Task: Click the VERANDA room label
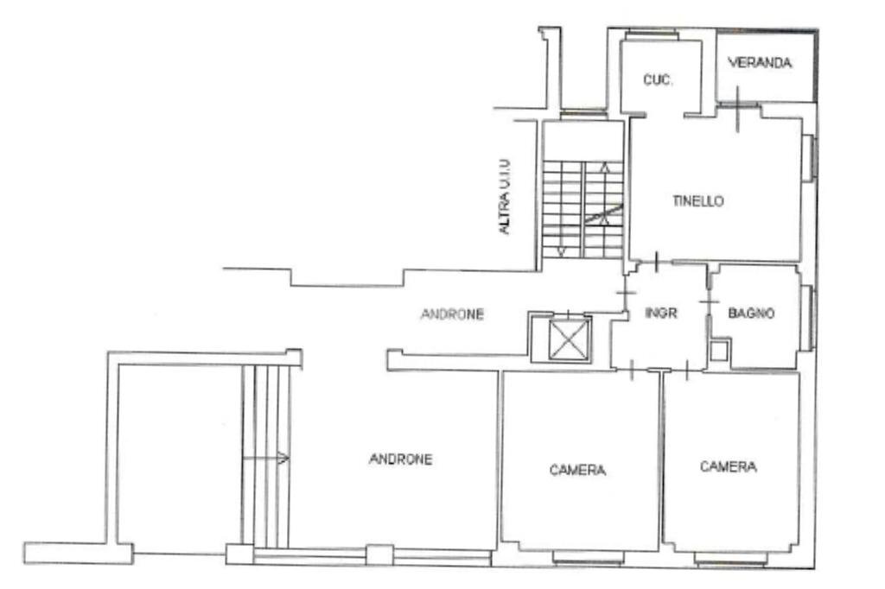760,63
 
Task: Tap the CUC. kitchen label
658,80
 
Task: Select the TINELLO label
697,201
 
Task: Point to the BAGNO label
751,313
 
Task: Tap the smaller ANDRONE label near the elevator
452,314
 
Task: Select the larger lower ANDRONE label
400,459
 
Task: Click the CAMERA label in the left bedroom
577,471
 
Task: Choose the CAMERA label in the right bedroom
728,467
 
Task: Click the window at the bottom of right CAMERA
730,559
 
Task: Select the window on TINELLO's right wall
809,159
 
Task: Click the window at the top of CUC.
651,35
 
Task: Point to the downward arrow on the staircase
562,250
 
